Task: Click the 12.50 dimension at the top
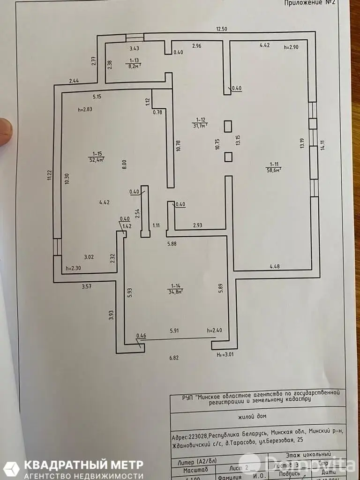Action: coord(221,29)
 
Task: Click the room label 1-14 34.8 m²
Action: coord(176,288)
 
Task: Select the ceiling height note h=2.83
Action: coord(85,109)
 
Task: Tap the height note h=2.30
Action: coord(74,269)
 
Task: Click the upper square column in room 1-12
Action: coord(228,127)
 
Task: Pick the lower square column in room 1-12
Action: coord(228,157)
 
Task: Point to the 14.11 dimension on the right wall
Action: coord(322,145)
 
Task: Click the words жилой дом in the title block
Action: coord(257,415)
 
